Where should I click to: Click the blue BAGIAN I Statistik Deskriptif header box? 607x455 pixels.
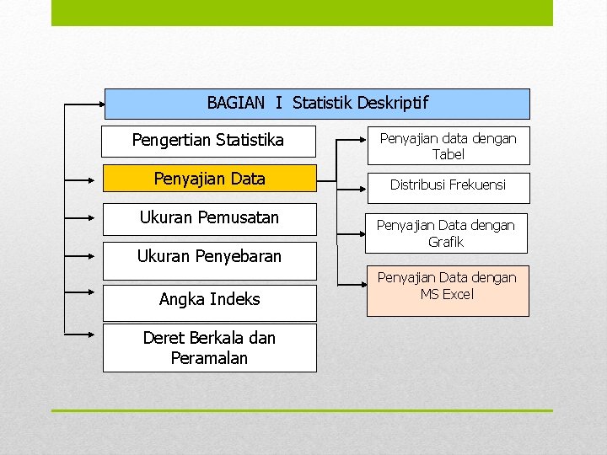pos(317,104)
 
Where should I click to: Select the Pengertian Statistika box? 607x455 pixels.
pos(208,141)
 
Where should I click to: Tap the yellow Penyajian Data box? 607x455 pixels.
pos(209,179)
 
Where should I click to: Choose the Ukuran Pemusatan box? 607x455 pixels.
pos(209,218)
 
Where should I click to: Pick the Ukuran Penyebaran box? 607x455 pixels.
pos(209,256)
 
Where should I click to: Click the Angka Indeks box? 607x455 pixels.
pos(209,300)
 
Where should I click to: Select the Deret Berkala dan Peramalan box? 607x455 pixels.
pos(209,348)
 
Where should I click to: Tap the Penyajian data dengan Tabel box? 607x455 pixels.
pos(448,146)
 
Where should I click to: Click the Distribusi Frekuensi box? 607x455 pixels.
pos(448,185)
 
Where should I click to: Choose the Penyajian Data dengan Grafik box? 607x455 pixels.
pos(448,233)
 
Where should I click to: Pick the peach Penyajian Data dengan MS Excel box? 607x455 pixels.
pos(448,291)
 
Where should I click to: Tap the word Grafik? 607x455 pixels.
pos(446,243)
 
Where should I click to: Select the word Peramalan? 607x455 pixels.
pos(209,358)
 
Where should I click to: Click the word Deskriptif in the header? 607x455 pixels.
pos(392,104)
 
